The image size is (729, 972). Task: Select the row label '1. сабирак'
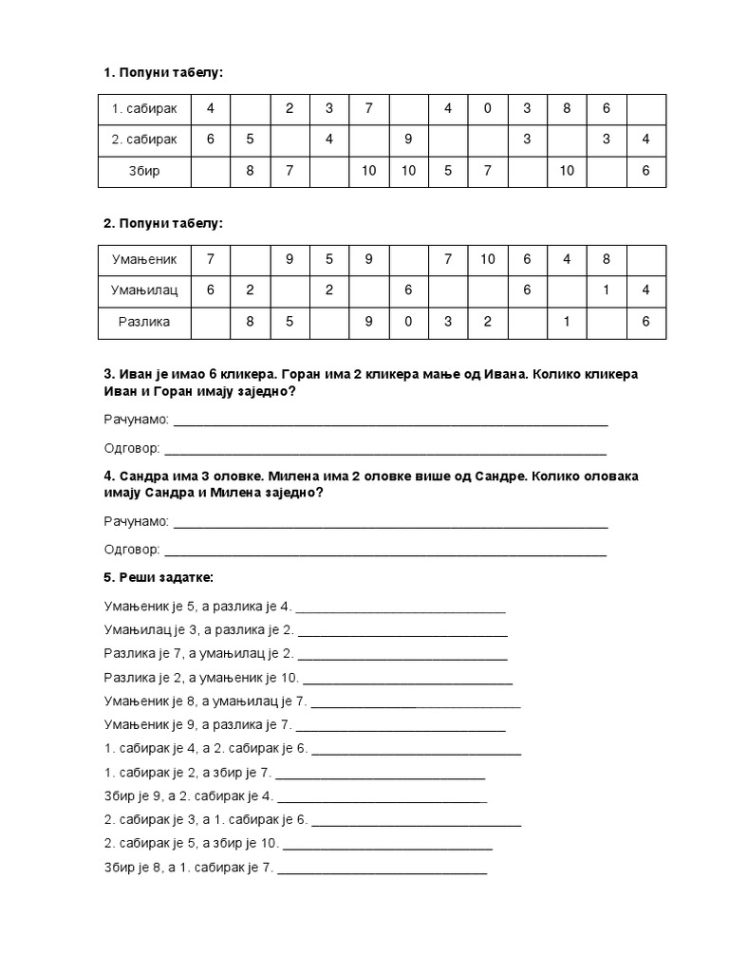click(145, 108)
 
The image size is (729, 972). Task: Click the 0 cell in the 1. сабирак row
click(487, 108)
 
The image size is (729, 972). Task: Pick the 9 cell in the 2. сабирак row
click(407, 140)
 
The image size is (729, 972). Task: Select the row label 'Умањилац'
click(145, 290)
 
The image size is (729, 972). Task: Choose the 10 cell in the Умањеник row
click(487, 258)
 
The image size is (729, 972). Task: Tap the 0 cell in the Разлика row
click(407, 322)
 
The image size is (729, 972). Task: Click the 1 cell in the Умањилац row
click(606, 290)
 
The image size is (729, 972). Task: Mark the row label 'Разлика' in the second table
click(145, 322)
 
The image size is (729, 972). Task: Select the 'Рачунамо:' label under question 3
click(137, 419)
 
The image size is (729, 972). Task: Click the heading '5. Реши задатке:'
click(159, 577)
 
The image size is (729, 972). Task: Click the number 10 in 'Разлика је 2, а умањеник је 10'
click(290, 678)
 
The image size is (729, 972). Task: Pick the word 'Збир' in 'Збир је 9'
click(119, 796)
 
